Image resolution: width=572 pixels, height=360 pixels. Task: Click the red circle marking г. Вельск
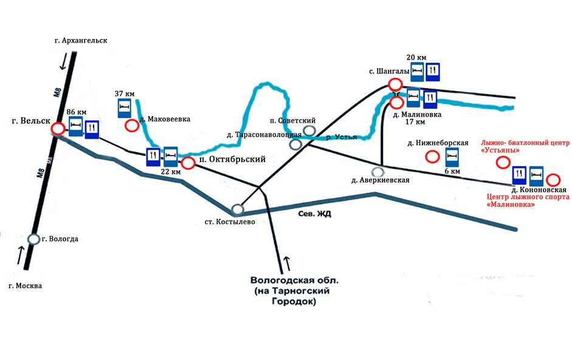click(x=58, y=129)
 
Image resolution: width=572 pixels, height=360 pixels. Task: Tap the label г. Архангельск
click(x=80, y=41)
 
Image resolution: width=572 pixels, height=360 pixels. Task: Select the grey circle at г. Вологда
click(x=33, y=239)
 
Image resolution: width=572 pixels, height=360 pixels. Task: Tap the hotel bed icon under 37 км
click(x=124, y=108)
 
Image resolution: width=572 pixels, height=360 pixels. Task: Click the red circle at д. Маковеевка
click(x=131, y=126)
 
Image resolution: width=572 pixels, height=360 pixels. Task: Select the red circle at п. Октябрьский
click(x=188, y=163)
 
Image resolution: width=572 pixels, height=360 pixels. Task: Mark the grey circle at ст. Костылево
click(x=237, y=209)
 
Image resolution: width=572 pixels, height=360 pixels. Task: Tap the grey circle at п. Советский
click(x=309, y=130)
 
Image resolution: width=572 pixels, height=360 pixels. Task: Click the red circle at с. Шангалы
click(x=395, y=85)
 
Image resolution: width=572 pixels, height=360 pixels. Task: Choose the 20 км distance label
click(x=416, y=57)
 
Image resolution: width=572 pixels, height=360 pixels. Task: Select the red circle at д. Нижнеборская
click(x=432, y=157)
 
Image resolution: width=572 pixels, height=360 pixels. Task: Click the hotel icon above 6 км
click(x=452, y=157)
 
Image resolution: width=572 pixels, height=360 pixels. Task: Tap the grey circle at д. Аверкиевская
click(x=378, y=171)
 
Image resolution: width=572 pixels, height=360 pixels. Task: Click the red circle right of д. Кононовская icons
click(x=553, y=179)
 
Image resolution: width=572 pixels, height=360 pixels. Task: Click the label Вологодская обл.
click(x=294, y=282)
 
